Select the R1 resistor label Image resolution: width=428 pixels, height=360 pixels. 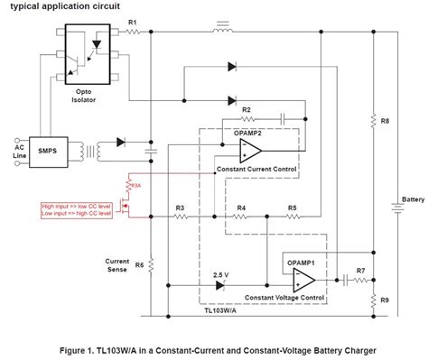point(133,21)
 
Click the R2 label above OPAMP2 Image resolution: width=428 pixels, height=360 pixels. point(247,109)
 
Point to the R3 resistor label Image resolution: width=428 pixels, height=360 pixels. point(180,208)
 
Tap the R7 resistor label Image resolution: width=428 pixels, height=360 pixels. point(360,271)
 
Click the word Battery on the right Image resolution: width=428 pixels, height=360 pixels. point(413,199)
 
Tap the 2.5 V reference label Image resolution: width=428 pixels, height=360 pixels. point(219,272)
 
